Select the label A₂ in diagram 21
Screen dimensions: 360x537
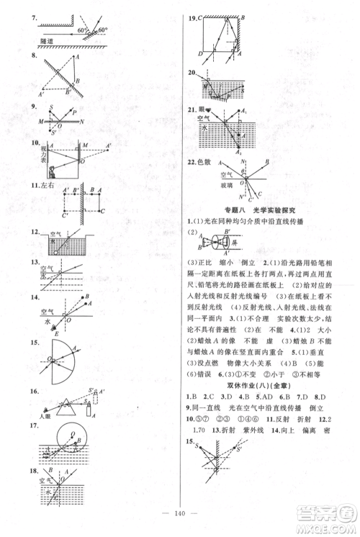(x=239, y=152)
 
